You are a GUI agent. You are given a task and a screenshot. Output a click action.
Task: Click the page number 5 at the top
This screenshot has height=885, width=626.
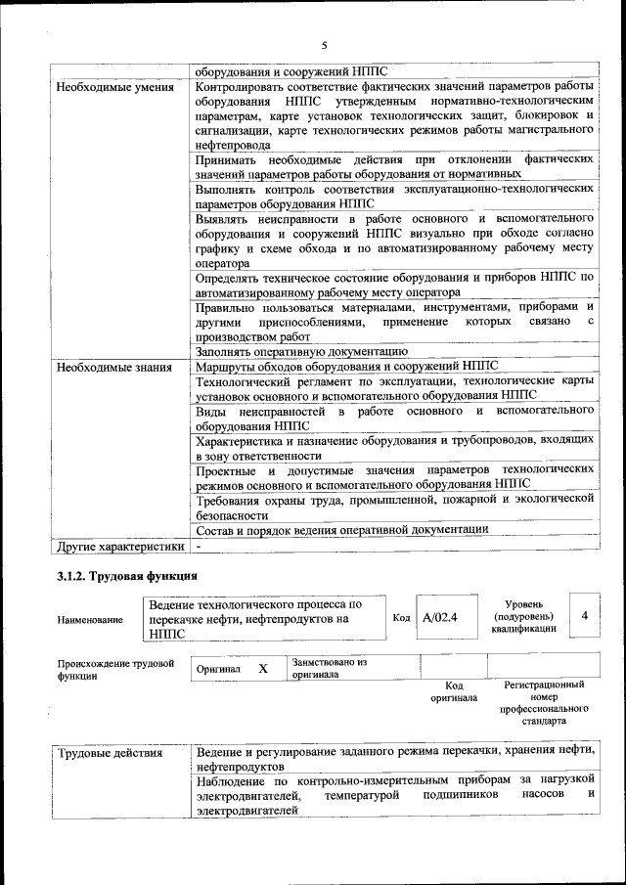point(324,45)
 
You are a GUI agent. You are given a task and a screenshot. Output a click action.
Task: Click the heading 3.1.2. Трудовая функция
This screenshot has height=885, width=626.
point(128,577)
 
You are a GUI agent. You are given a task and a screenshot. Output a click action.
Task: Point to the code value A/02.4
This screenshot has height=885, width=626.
point(440,618)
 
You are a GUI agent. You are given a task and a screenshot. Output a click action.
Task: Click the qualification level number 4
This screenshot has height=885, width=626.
point(584,616)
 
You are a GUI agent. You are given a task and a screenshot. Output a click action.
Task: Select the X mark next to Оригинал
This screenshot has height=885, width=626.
point(263,669)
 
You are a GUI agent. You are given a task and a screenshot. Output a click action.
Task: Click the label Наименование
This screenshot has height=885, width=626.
point(90,619)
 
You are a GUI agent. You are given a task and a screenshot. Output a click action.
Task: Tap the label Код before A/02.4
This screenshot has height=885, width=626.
point(401,618)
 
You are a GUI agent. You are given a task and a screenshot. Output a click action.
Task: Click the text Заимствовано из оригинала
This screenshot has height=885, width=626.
point(329,668)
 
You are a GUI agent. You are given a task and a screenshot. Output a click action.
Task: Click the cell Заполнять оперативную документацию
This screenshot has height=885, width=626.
point(301,351)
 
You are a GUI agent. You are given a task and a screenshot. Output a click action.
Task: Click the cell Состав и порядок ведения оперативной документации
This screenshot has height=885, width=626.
point(341,529)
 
